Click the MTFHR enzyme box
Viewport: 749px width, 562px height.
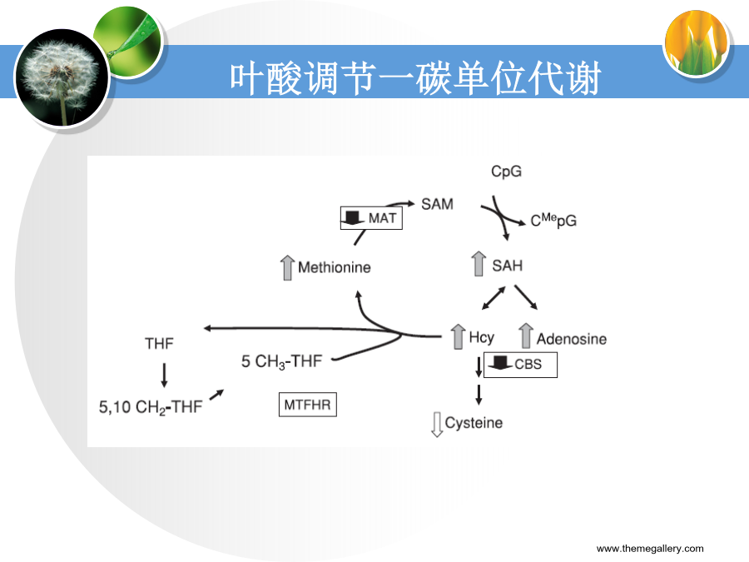308,405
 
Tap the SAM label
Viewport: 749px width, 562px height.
437,204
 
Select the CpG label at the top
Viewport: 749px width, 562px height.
506,171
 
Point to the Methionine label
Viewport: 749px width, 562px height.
335,267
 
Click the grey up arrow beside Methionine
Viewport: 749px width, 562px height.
287,267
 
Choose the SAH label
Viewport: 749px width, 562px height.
508,266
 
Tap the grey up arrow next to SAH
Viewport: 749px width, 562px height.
479,263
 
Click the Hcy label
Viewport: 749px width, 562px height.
482,337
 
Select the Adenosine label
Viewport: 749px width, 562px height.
571,339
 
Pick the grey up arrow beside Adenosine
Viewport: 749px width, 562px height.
526,336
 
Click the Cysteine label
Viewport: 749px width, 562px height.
474,423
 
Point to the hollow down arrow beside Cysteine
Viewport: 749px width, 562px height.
437,425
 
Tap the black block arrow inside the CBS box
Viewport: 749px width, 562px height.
500,362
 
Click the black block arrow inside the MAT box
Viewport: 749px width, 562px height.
353,217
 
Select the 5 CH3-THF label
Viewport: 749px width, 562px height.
282,362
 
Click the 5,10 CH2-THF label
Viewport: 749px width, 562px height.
151,407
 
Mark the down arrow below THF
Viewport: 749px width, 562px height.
164,375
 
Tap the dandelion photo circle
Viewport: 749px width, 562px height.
62,77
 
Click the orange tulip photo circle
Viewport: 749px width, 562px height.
697,43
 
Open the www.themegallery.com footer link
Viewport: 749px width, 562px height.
650,548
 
